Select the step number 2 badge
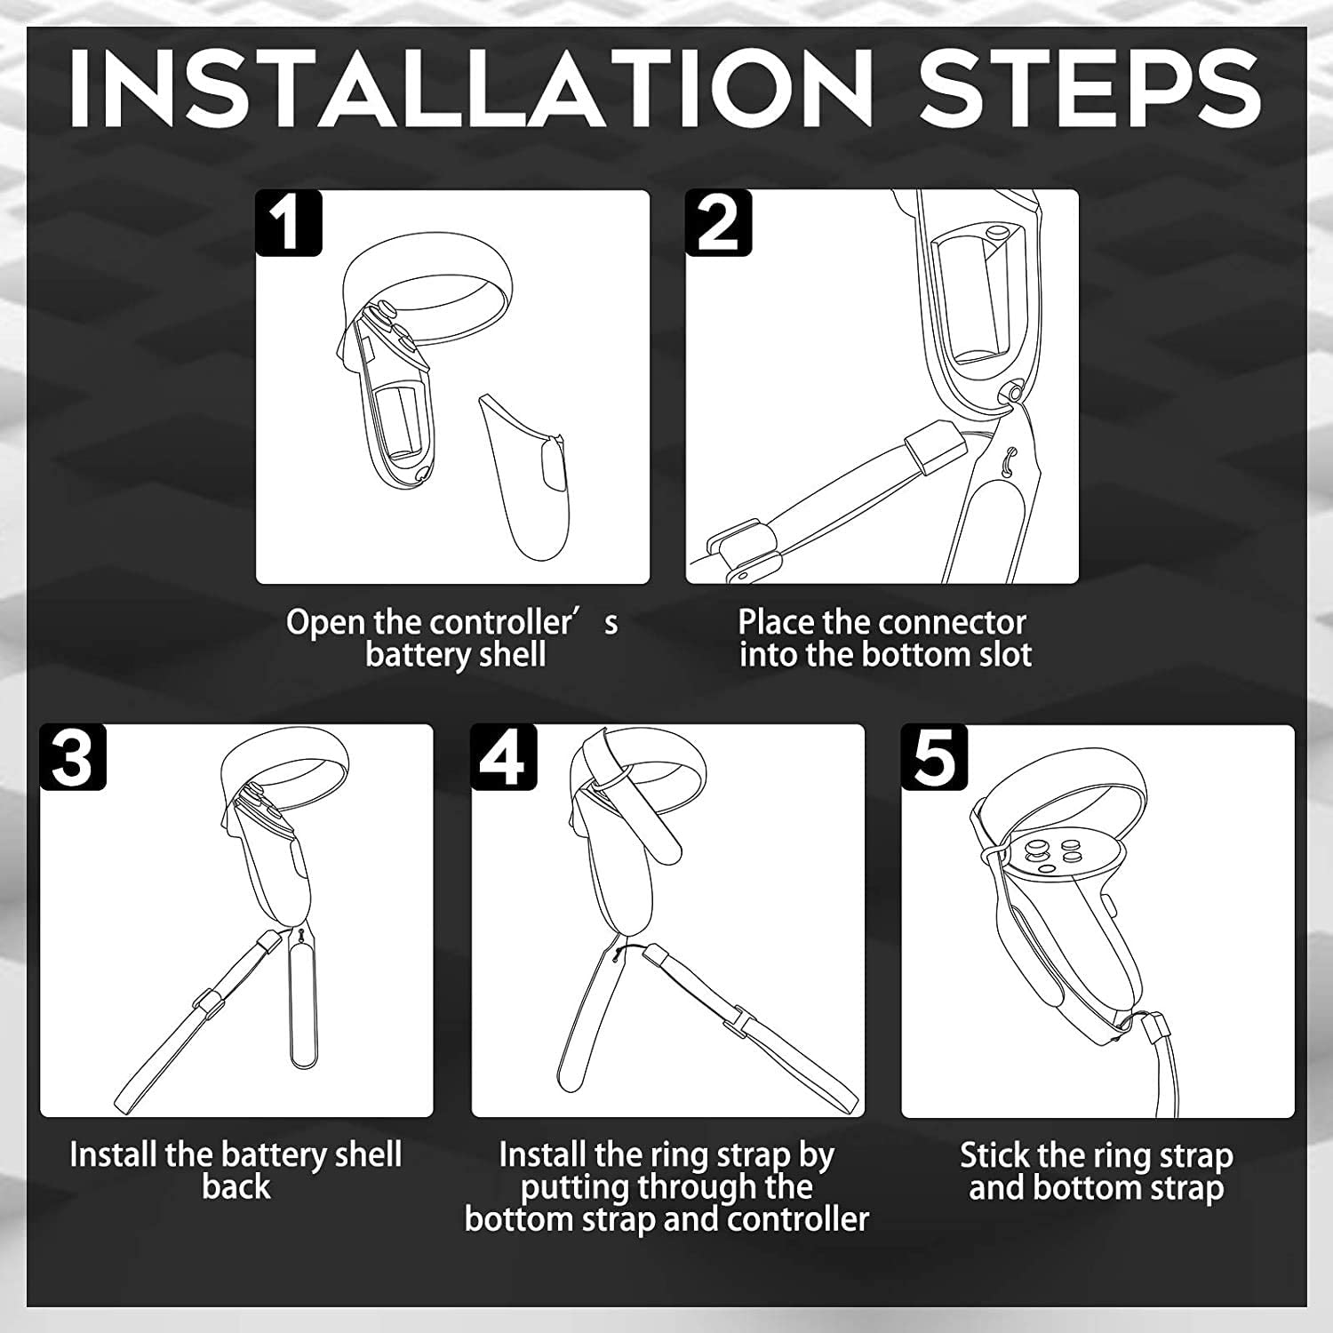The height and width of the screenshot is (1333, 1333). [x=718, y=223]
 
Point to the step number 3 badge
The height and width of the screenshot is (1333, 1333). [x=73, y=757]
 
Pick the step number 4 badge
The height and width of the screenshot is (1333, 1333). [x=504, y=757]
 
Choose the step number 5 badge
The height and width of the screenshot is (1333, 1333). [x=934, y=757]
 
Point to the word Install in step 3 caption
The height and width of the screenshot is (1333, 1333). [x=114, y=1154]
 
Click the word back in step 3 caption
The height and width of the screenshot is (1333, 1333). [x=235, y=1187]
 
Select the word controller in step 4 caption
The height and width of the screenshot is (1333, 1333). [x=798, y=1220]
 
